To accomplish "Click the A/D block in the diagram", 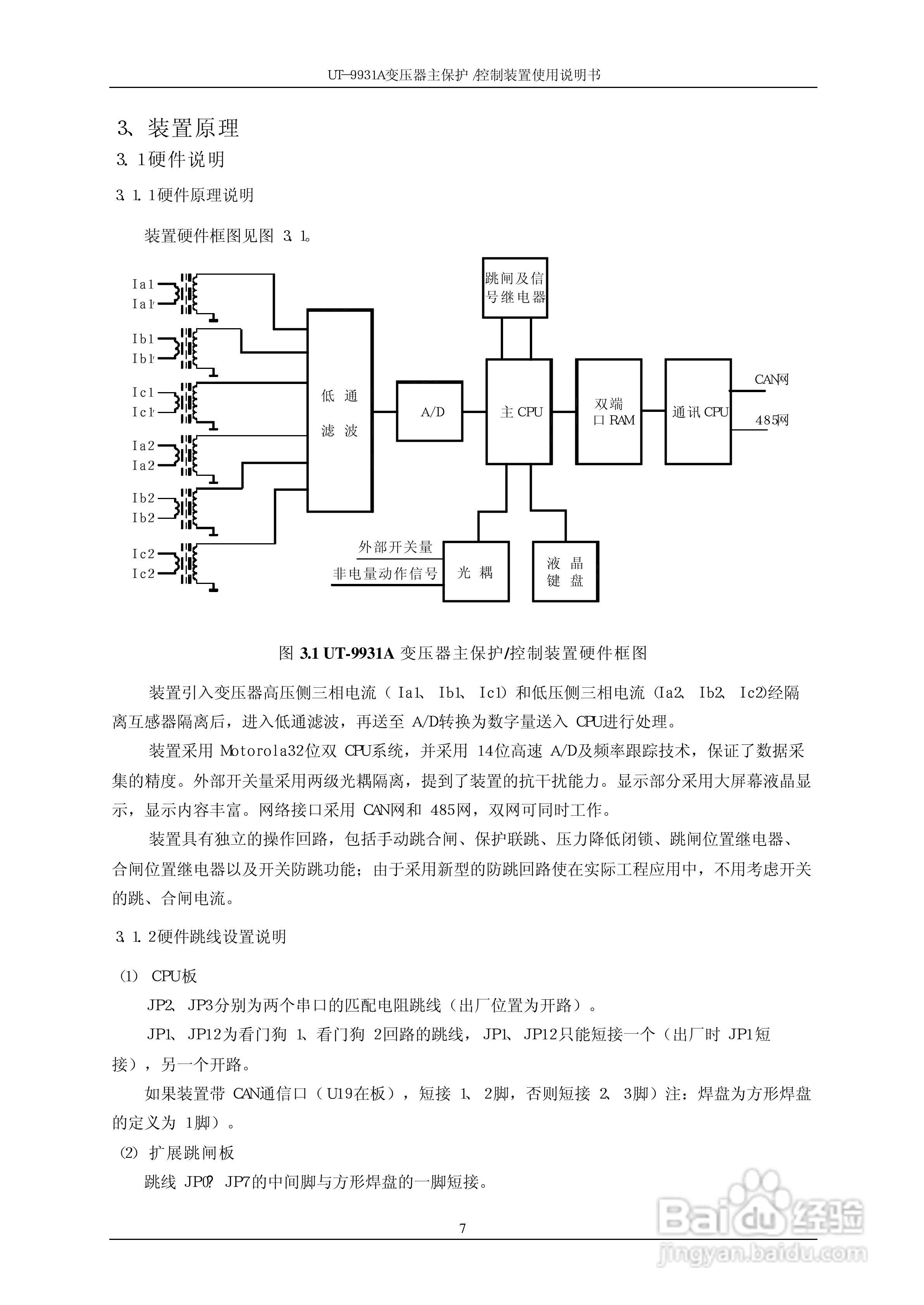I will [x=429, y=411].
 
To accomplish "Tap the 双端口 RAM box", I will [x=609, y=411].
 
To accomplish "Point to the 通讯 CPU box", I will [x=698, y=411].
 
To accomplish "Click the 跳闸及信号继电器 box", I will [x=515, y=288].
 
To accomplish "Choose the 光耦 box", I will [x=476, y=572].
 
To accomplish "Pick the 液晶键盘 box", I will [x=565, y=572].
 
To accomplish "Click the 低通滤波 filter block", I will [x=340, y=411].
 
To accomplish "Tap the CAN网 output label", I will [x=771, y=379].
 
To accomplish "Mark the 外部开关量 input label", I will [x=395, y=547].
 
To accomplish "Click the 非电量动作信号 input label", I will [x=385, y=573].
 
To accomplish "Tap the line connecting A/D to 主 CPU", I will [x=474, y=411].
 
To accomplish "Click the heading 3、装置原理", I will [x=178, y=128].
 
